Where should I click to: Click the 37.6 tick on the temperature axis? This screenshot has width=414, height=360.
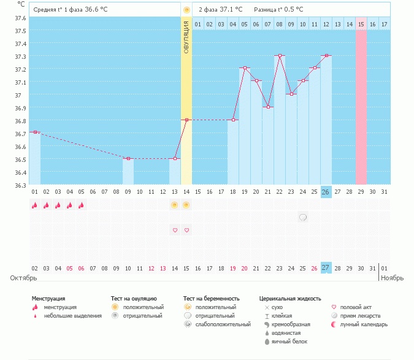(x=20, y=18)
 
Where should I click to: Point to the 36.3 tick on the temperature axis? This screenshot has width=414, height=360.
(x=20, y=185)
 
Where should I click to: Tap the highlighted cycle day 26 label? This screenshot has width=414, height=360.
(x=326, y=192)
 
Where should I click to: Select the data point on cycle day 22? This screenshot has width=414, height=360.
(x=279, y=56)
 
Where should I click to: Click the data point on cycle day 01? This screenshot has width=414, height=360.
(x=35, y=132)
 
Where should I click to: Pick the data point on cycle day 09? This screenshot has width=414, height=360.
(x=128, y=159)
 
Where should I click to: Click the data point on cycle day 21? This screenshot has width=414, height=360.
(x=267, y=107)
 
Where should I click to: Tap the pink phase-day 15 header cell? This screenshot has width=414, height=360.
(x=361, y=24)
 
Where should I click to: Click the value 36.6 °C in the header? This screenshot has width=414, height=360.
(x=99, y=10)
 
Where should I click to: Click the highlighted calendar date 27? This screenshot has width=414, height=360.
(x=326, y=268)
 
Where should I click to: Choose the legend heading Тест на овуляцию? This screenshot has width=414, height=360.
(x=134, y=298)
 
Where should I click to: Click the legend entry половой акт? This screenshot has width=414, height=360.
(x=356, y=307)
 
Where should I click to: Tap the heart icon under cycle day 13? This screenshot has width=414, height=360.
(x=175, y=230)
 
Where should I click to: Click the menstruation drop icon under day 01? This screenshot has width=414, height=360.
(x=35, y=205)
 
